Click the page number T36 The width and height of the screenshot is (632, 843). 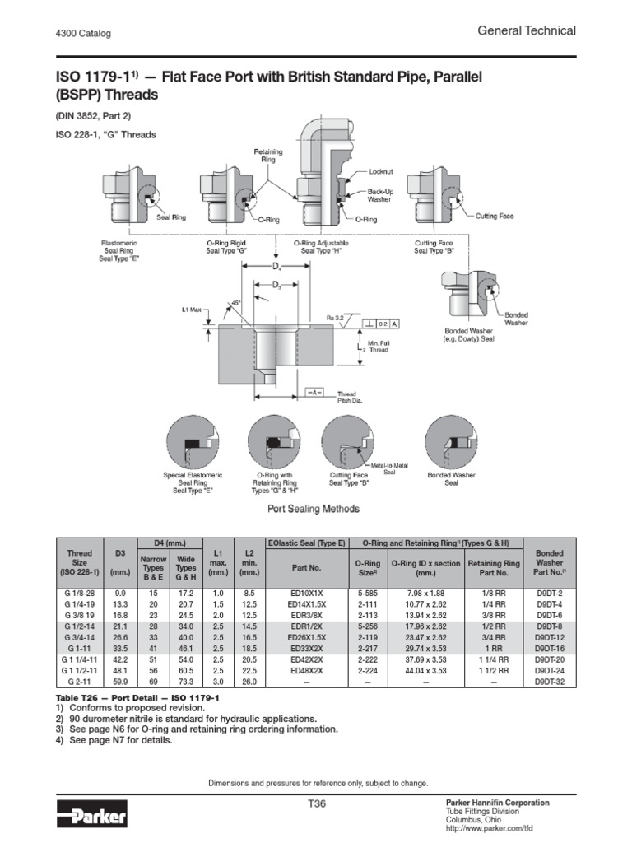pyautogui.click(x=315, y=804)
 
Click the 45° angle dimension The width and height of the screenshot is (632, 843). pyautogui.click(x=236, y=303)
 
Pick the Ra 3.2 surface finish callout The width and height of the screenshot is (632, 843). pyautogui.click(x=336, y=315)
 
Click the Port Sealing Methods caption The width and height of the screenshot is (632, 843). pyautogui.click(x=314, y=509)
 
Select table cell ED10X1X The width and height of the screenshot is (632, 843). pyautogui.click(x=305, y=592)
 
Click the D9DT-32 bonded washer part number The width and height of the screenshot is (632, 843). pyautogui.click(x=547, y=682)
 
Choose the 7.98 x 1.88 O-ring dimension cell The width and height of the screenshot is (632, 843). pyautogui.click(x=425, y=592)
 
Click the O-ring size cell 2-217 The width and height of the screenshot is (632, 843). pyautogui.click(x=366, y=649)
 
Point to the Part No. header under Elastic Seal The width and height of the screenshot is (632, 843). pyautogui.click(x=305, y=567)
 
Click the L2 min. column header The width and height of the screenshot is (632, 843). pyautogui.click(x=248, y=561)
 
